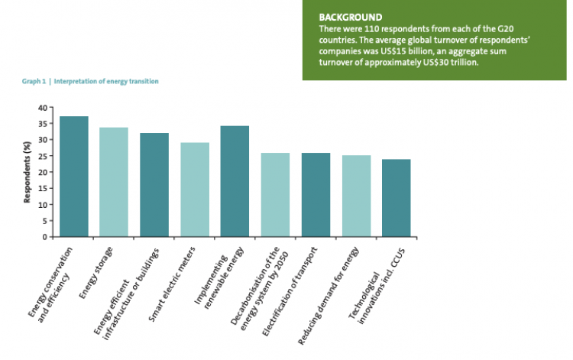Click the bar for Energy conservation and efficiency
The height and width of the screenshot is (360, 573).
point(74,177)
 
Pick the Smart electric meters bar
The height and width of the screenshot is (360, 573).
point(195,190)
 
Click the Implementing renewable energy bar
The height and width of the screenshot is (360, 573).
point(235,181)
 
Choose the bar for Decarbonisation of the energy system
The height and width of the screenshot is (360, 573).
point(275,195)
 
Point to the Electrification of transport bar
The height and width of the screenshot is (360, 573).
point(316,195)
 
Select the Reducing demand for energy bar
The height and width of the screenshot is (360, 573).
point(356,196)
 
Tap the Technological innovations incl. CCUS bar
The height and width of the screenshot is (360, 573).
point(396,198)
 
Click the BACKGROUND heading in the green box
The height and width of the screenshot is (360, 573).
point(351,17)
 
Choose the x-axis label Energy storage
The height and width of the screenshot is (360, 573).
point(99,268)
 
